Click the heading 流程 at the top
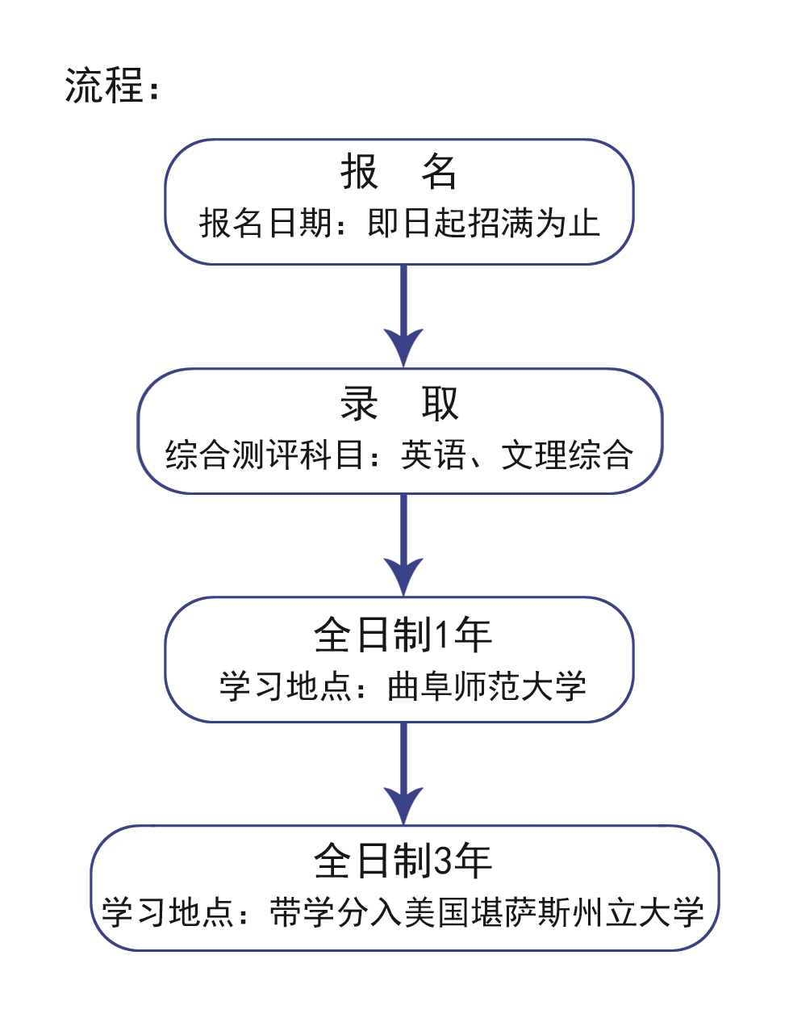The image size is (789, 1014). click(x=103, y=86)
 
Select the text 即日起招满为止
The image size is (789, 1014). click(x=483, y=223)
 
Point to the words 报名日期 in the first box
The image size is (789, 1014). click(x=265, y=223)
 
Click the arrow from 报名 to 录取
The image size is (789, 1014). click(x=403, y=316)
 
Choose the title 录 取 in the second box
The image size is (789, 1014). click(x=399, y=404)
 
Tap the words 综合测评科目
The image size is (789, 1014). click(x=264, y=455)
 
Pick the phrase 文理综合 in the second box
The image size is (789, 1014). click(x=567, y=455)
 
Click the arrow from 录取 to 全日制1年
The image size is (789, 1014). click(x=403, y=545)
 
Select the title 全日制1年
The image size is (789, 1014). click(x=403, y=635)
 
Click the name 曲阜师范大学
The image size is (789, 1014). click(x=486, y=686)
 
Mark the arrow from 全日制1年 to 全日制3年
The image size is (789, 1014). click(x=403, y=773)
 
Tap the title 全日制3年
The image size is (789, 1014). click(x=403, y=861)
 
